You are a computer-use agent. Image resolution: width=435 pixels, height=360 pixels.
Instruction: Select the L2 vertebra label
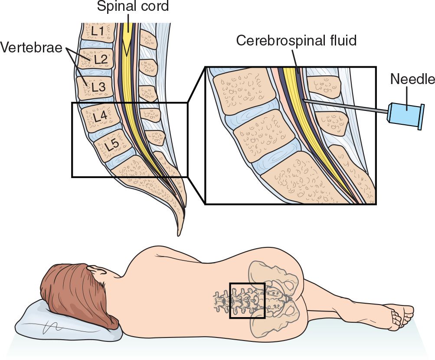click(x=100, y=59)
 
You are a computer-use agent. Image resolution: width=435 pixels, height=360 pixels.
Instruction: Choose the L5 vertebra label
click(x=112, y=146)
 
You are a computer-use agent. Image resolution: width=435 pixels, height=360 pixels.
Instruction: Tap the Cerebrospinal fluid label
click(x=296, y=41)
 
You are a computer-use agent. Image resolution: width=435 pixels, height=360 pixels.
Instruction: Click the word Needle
click(x=412, y=79)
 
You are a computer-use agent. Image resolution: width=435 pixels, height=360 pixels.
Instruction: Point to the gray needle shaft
click(x=347, y=107)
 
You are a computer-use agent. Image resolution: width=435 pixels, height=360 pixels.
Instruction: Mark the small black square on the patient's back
click(x=247, y=301)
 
